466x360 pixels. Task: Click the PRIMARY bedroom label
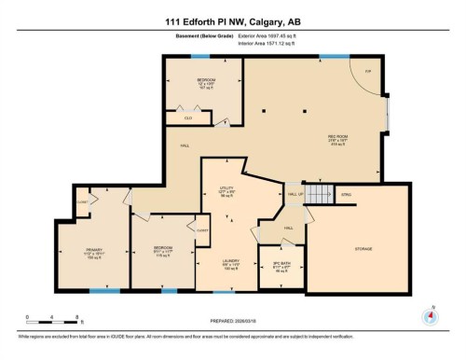coord(94,250)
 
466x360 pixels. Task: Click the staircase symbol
coord(320,194)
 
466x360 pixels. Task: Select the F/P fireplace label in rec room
coord(368,71)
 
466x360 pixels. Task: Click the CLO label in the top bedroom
coord(187,118)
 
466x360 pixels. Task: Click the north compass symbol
coord(430,314)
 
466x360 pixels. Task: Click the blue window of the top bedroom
coord(199,57)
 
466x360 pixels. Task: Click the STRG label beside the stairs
coord(347,194)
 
